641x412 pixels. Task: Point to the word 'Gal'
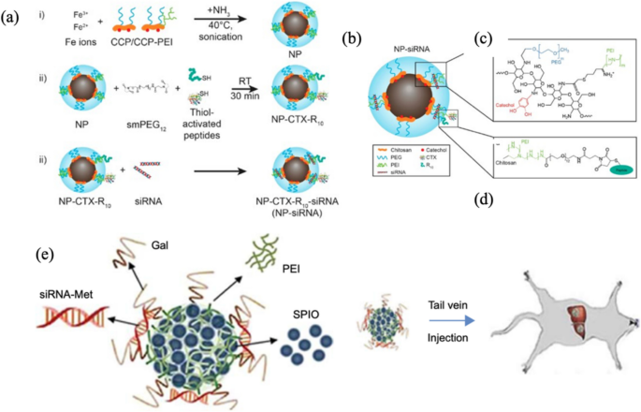tap(157, 243)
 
